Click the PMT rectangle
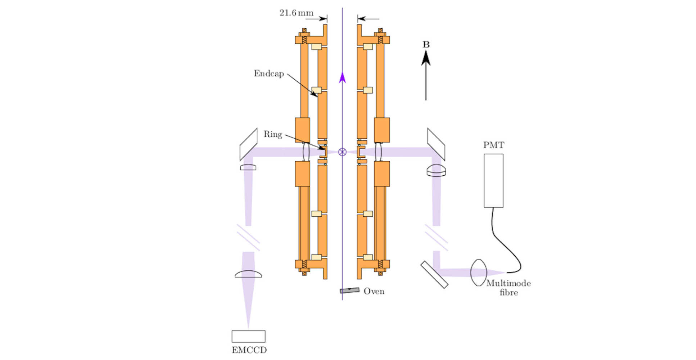tap(493, 180)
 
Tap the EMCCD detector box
tap(248, 336)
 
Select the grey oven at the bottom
tap(349, 290)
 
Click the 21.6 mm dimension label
tap(296, 13)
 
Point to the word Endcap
tap(268, 74)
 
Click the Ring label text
tap(273, 135)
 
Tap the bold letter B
tap(426, 45)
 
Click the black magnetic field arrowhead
tap(426, 58)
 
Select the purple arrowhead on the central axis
tap(342, 77)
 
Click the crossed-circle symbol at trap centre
tap(342, 152)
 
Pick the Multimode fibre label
tap(509, 288)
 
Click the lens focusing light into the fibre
tap(478, 273)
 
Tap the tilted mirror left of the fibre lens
tap(434, 275)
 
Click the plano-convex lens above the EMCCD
tap(248, 274)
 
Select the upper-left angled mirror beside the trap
tap(248, 144)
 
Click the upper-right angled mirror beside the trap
tap(436, 144)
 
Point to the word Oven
tap(374, 291)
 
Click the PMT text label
tap(493, 145)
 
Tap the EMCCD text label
tap(249, 350)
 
